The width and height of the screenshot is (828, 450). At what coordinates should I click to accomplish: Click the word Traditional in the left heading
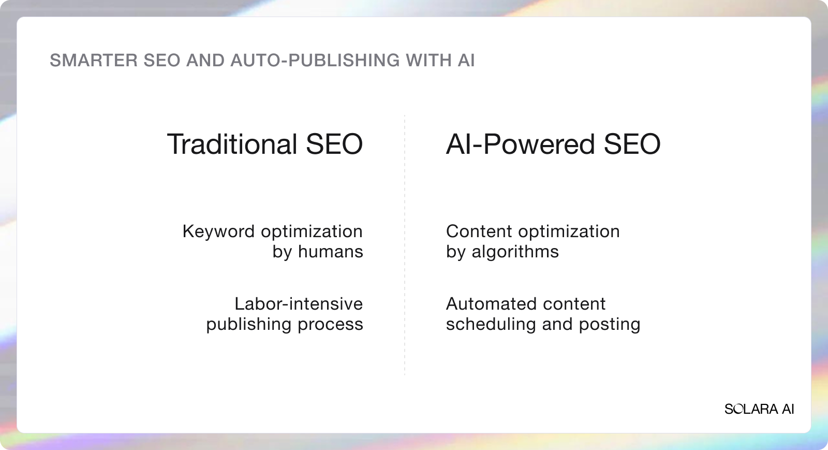point(232,144)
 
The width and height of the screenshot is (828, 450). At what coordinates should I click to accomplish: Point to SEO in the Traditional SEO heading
point(334,144)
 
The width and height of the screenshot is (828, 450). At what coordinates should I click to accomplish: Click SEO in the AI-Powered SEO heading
point(632,144)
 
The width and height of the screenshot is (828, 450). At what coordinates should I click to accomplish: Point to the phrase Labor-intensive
point(299,304)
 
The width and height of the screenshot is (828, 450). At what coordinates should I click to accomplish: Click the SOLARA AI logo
point(759,409)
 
